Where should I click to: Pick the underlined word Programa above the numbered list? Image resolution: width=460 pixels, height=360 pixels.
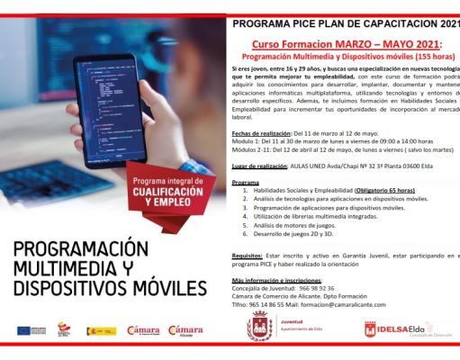(x=246, y=181)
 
